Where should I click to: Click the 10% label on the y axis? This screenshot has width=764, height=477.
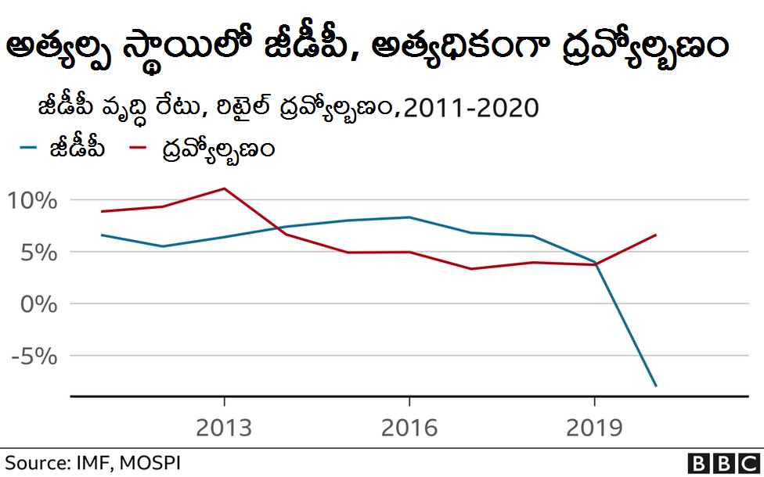click(x=32, y=201)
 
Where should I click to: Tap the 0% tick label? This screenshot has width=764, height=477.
click(x=38, y=304)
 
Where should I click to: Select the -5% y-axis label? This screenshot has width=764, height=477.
click(x=34, y=356)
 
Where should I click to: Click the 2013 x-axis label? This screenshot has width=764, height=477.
click(x=224, y=428)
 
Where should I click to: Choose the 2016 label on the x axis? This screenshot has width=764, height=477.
click(x=409, y=428)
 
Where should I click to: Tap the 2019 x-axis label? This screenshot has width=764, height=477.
click(x=593, y=428)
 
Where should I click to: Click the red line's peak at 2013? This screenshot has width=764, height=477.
click(x=225, y=188)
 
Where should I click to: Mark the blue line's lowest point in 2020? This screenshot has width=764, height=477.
click(x=656, y=386)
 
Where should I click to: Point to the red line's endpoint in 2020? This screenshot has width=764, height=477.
click(x=656, y=235)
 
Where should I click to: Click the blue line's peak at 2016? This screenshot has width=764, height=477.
click(x=409, y=217)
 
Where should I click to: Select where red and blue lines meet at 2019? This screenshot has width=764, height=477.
click(x=595, y=264)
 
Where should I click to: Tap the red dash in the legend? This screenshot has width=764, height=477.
click(x=139, y=147)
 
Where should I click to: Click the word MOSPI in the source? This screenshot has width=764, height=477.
click(x=152, y=462)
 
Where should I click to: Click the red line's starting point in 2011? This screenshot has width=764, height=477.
click(x=103, y=211)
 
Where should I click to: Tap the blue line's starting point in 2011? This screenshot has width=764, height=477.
click(x=103, y=235)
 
